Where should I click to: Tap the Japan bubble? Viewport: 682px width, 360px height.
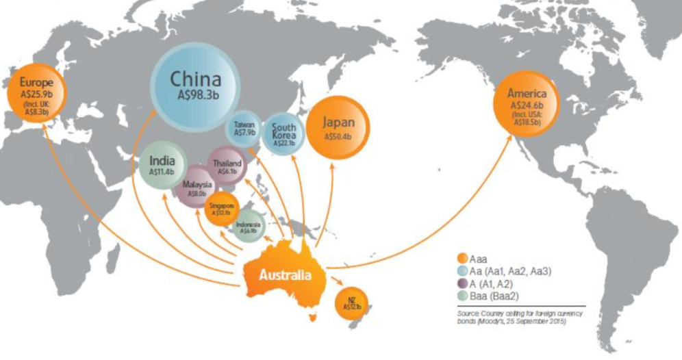click(x=338, y=129)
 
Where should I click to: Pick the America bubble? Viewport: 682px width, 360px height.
click(x=526, y=104)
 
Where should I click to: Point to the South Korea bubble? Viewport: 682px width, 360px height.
click(x=283, y=133)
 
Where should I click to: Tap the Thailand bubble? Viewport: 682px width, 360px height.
click(x=227, y=166)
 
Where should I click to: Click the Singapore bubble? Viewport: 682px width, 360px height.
click(x=221, y=208)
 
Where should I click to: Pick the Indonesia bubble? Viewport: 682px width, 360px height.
click(x=248, y=228)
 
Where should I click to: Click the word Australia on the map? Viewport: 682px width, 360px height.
click(x=284, y=276)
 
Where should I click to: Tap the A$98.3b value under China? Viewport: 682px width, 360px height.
click(x=197, y=98)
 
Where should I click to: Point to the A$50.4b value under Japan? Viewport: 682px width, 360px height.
click(x=338, y=137)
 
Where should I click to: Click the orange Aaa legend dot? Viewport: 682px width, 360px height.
click(x=462, y=259)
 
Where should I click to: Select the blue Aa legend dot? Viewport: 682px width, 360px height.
click(x=462, y=271)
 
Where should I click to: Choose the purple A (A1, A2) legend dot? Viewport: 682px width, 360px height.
click(x=462, y=283)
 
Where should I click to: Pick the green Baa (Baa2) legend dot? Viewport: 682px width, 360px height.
click(x=462, y=296)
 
